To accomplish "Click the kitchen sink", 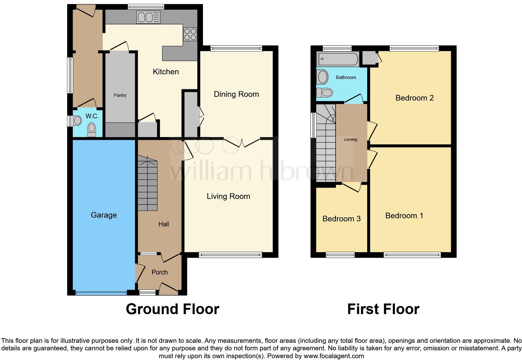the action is [x=148, y=17].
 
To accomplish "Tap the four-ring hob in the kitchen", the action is [x=190, y=34].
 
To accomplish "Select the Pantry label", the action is [x=120, y=95].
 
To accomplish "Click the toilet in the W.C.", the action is [x=91, y=130].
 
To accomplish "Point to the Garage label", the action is [x=104, y=215].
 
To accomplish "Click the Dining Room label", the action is [x=236, y=94].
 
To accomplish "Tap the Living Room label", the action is [x=229, y=196].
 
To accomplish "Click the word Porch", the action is [x=160, y=272].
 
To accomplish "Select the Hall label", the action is [x=164, y=224].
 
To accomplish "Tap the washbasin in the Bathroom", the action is [x=323, y=77].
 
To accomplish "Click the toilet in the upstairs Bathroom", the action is [x=325, y=92].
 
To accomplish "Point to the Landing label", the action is [x=351, y=139].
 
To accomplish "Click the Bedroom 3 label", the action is [x=342, y=219].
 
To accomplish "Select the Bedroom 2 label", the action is [x=415, y=98].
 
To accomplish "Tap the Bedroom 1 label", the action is [x=404, y=215].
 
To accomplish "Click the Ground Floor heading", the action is [x=172, y=309].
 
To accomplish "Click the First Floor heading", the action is [x=383, y=309].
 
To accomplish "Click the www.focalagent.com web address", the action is [x=334, y=356].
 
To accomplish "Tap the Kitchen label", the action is [x=166, y=72].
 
